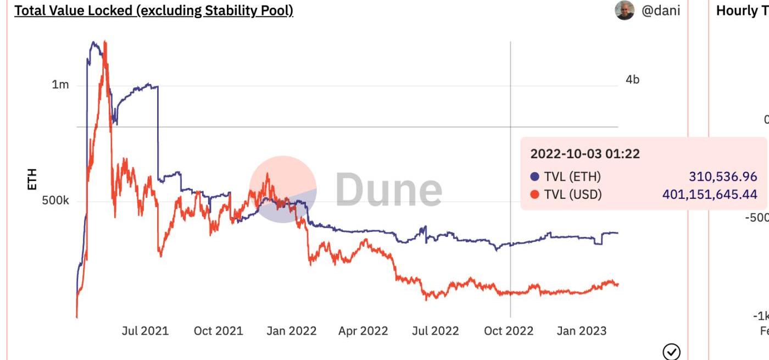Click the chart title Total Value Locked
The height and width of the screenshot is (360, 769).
(x=153, y=11)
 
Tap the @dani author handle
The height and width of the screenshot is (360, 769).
(x=661, y=11)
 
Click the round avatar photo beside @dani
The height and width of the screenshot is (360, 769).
(x=625, y=10)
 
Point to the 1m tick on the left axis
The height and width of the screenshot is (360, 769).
(x=60, y=85)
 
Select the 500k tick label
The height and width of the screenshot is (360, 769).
(x=55, y=201)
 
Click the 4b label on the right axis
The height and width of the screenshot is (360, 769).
(x=632, y=80)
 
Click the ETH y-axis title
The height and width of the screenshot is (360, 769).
(x=32, y=179)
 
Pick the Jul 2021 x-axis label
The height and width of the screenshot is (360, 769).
(x=145, y=331)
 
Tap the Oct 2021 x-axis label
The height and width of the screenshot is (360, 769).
(x=218, y=331)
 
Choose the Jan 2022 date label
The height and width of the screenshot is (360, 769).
(x=292, y=331)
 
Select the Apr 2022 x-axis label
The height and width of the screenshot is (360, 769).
(x=363, y=331)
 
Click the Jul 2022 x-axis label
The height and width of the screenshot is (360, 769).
(x=435, y=331)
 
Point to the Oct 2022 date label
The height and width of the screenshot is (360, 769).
(x=509, y=331)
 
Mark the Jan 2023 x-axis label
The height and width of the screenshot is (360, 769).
(x=582, y=331)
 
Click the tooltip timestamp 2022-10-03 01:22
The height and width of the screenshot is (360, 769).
(x=584, y=154)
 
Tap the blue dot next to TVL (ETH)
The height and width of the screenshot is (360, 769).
(x=535, y=177)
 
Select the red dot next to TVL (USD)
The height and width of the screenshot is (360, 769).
(x=535, y=194)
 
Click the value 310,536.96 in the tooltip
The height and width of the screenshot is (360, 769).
(x=723, y=177)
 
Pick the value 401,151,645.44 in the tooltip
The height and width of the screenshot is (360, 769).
(x=710, y=194)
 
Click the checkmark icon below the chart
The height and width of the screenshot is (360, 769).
(x=672, y=352)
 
